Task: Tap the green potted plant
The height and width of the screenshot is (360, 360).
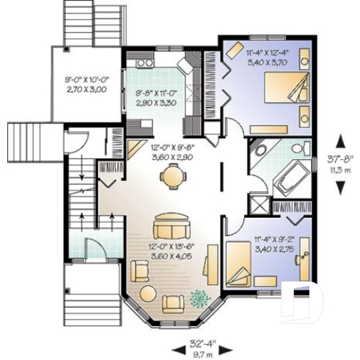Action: pyautogui.click(x=198, y=298)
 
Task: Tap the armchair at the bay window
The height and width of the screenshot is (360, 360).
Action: pyautogui.click(x=174, y=302)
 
